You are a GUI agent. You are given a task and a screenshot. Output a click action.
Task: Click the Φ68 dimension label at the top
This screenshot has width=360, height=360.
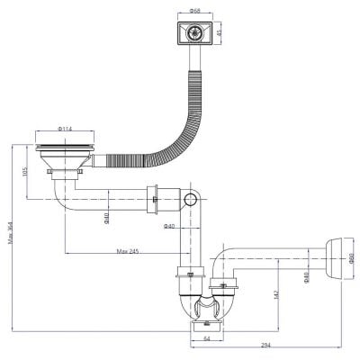pyautogui.click(x=194, y=10)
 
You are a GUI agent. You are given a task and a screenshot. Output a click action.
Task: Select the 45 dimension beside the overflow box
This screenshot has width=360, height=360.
pyautogui.click(x=217, y=33)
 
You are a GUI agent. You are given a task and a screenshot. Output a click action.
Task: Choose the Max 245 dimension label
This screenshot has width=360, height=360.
pyautogui.click(x=128, y=251)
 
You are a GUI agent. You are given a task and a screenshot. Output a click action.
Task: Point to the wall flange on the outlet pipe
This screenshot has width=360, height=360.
pyautogui.click(x=335, y=260)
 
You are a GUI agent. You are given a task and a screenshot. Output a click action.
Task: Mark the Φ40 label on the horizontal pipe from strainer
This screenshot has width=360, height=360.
pyautogui.click(x=105, y=217)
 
